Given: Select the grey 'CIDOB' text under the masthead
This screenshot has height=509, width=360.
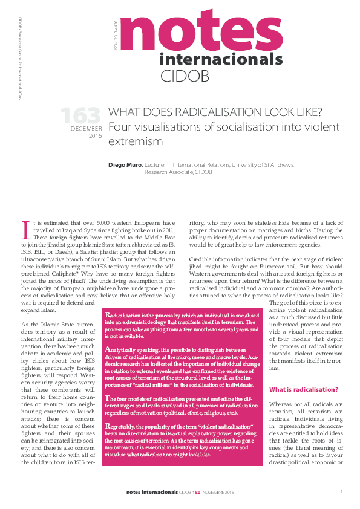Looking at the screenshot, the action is pos(183,76).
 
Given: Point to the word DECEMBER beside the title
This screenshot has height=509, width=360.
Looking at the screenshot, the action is pos(86,129).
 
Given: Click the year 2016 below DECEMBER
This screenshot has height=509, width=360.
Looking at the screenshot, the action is pos(96,137).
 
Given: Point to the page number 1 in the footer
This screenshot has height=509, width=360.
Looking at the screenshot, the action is pos(342,491).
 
